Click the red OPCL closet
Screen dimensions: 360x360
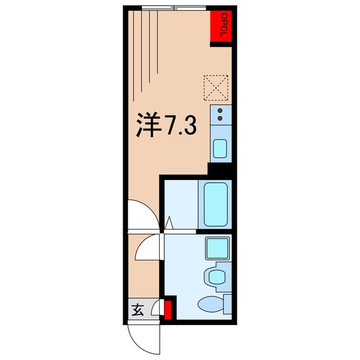pos(222,26)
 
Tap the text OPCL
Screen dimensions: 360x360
pos(223,26)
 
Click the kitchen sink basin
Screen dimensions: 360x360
pos(219,149)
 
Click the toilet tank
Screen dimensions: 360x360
pos(228,304)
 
